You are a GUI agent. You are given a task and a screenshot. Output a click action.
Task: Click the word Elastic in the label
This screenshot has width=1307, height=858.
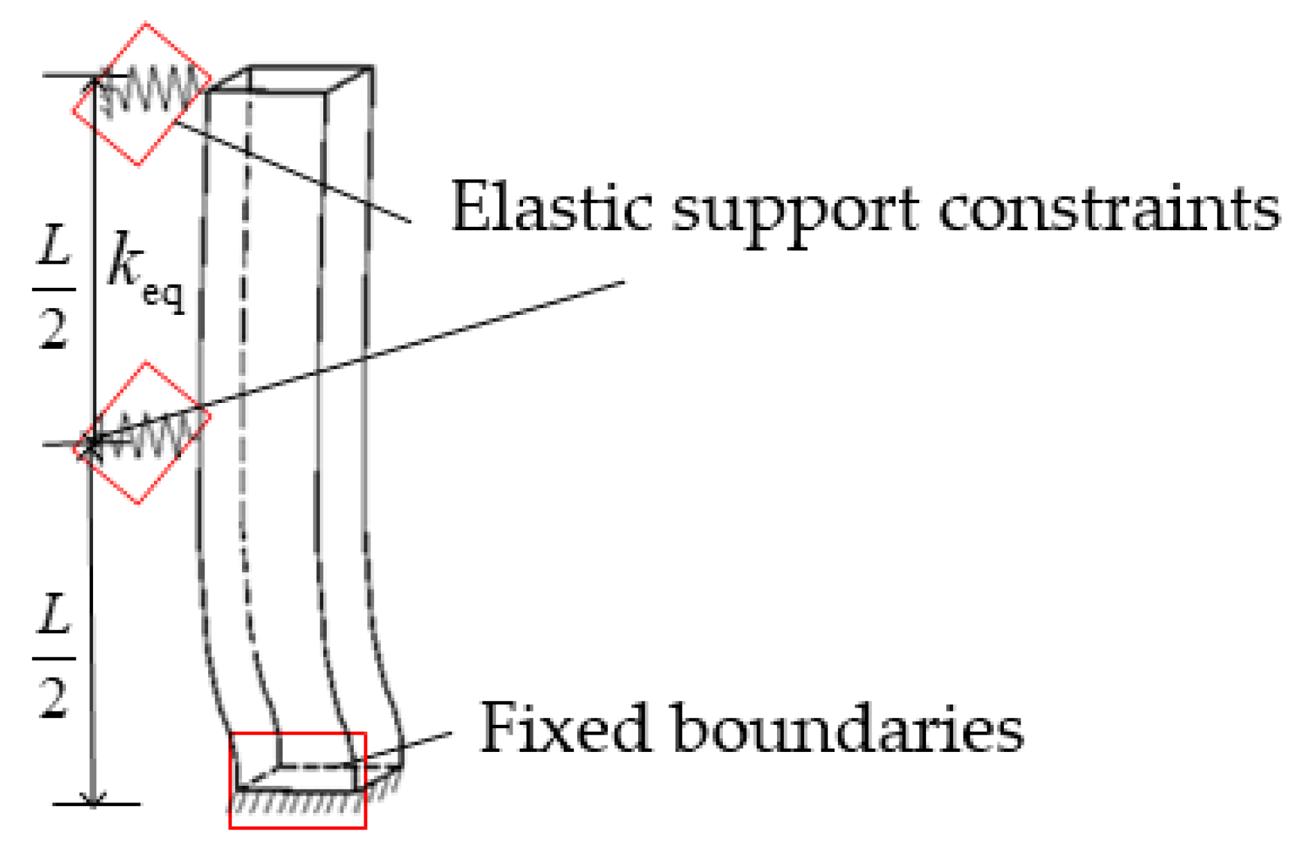coord(552,207)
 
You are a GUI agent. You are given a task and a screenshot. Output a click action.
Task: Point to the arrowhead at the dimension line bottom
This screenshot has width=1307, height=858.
coord(93,798)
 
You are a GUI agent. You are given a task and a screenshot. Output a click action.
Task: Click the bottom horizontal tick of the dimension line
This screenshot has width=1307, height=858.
coord(96,805)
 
